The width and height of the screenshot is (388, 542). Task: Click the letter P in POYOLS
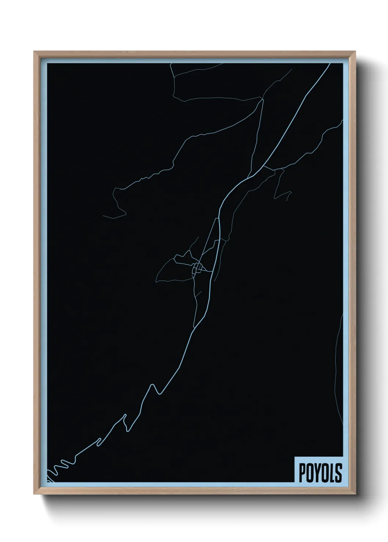[303, 473]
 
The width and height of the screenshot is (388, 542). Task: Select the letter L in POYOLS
[332, 473]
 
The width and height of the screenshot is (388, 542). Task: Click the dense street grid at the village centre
[198, 268]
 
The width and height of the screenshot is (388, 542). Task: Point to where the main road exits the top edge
[329, 64]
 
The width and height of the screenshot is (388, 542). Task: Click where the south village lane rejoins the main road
[194, 327]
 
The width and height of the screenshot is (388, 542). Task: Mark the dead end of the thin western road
[103, 216]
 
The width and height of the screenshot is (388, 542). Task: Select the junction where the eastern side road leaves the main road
[264, 167]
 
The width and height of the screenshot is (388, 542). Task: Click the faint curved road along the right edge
[338, 366]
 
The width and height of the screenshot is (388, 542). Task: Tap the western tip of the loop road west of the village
[156, 281]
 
